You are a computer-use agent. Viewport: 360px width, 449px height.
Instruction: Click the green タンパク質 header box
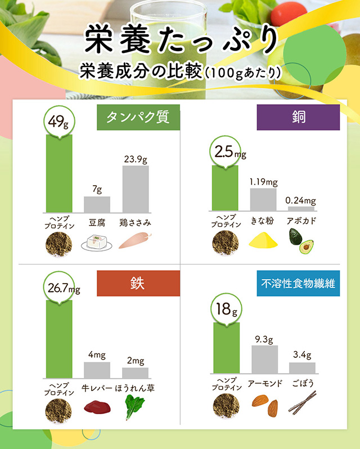point(138,117)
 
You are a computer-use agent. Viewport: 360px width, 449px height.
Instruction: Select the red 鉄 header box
point(138,283)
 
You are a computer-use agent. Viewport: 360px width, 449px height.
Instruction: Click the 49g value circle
point(58,120)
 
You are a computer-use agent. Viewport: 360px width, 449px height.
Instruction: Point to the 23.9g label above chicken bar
point(136,159)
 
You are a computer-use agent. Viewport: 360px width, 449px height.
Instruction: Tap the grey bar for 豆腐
point(97,204)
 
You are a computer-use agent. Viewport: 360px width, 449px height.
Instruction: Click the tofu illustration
point(97,243)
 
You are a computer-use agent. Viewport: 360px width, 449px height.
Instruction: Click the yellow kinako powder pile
point(262,242)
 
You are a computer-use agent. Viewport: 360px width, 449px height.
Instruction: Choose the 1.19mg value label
point(263,182)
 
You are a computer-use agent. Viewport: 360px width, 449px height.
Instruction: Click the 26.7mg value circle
point(60,289)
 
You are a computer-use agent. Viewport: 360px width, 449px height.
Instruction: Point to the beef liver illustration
point(96,406)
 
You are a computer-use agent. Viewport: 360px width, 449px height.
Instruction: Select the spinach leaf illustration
point(135,407)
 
